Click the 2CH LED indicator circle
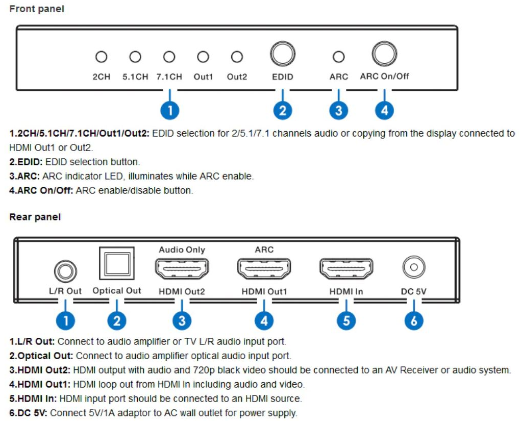click(101, 57)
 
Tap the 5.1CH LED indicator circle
click(135, 57)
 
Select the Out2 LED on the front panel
click(237, 57)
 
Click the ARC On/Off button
click(384, 54)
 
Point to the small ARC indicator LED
click(338, 57)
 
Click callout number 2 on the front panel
click(282, 110)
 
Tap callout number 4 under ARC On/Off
click(384, 110)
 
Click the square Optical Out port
click(117, 264)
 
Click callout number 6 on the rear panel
click(414, 320)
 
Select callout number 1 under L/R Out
click(65, 320)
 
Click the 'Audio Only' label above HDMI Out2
click(182, 250)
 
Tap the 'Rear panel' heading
click(35, 217)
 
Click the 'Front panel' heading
click(37, 9)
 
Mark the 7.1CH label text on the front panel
click(169, 77)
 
